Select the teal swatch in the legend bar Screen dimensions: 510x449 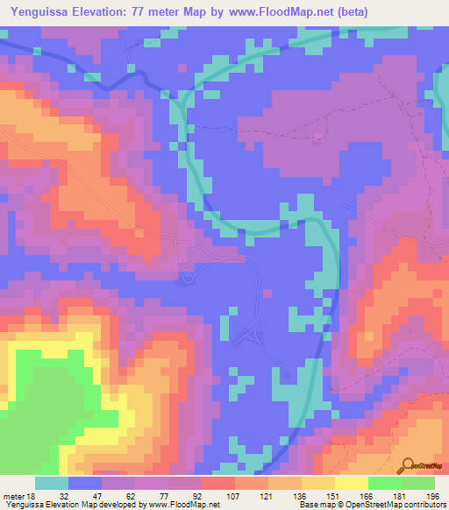point(52,483)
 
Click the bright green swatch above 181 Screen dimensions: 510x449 point(384,483)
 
